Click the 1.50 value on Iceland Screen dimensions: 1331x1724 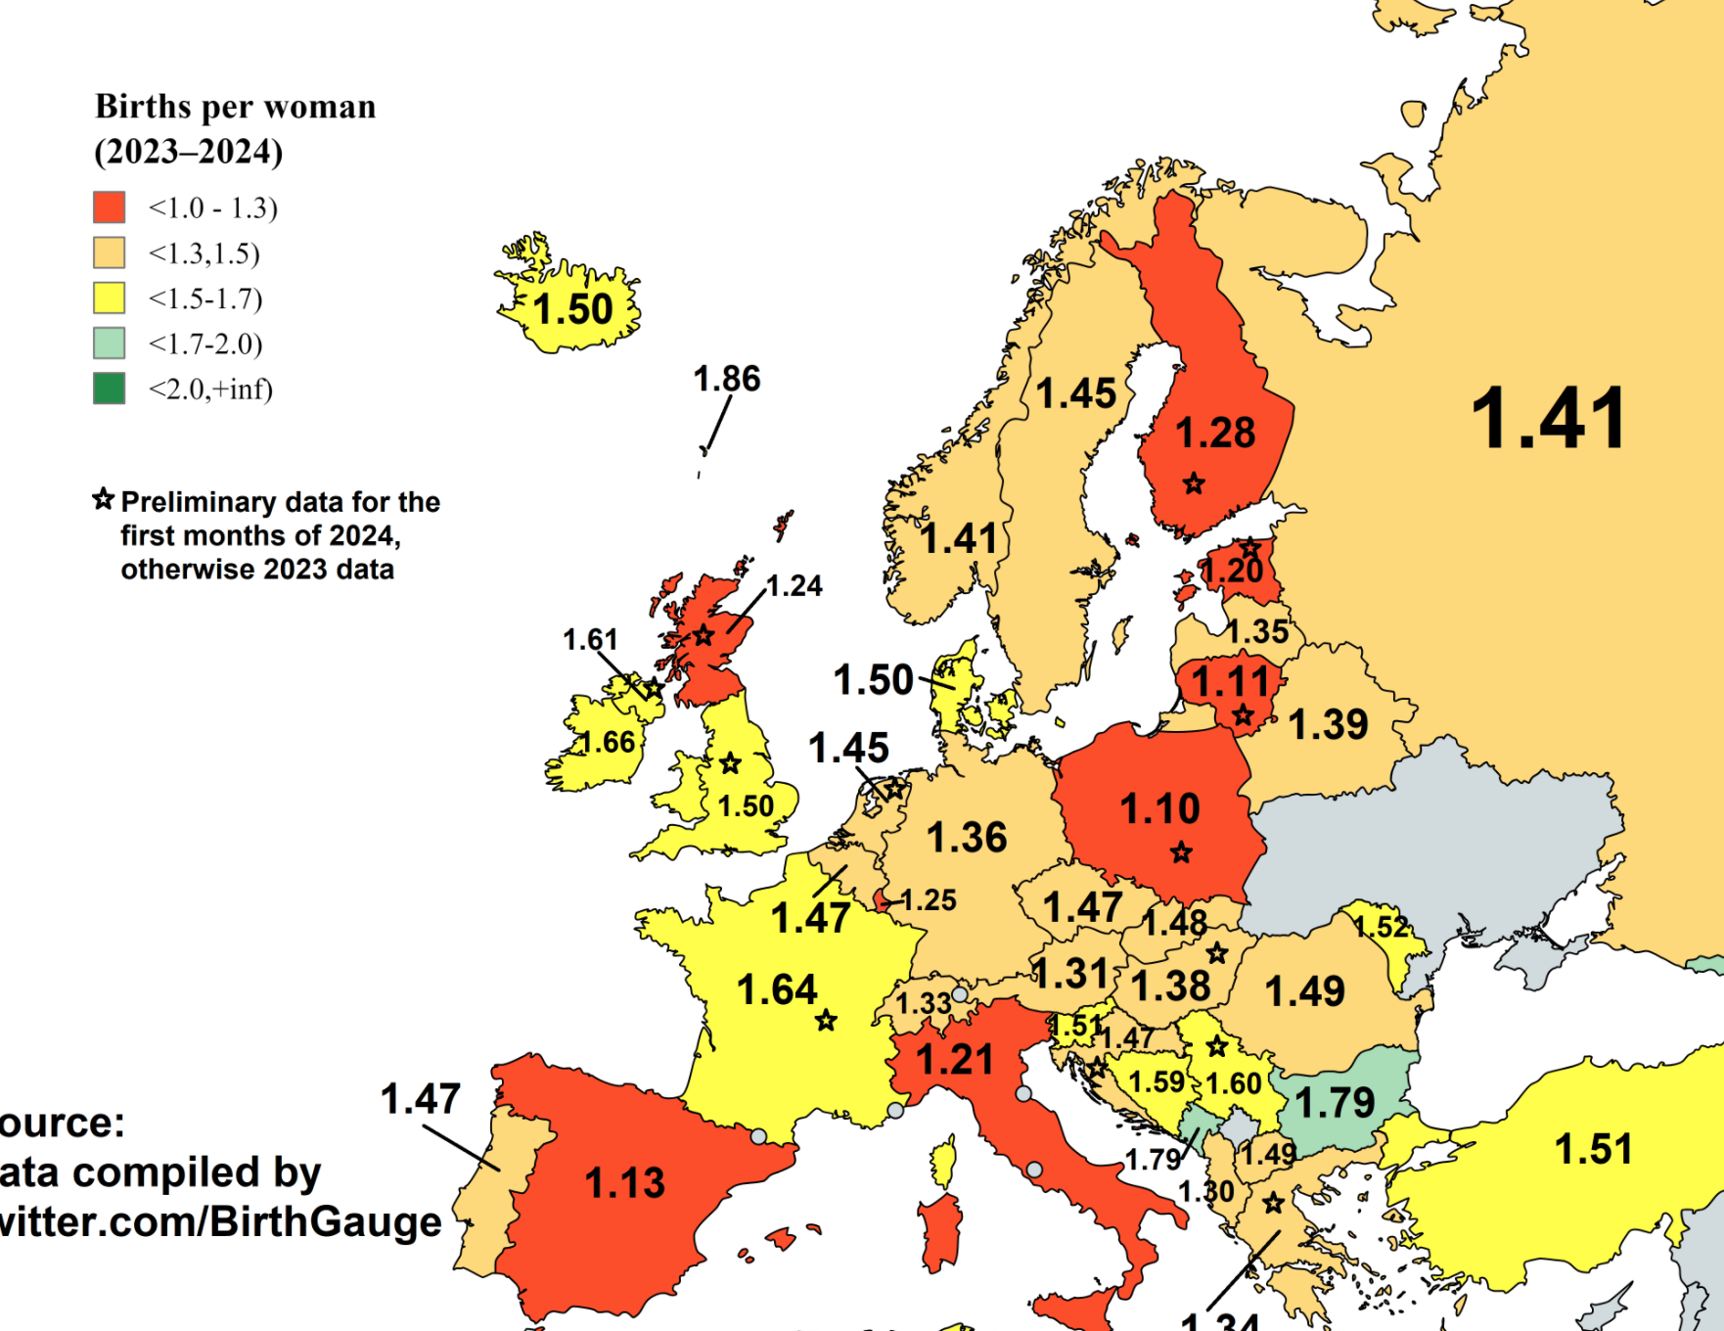pyautogui.click(x=572, y=310)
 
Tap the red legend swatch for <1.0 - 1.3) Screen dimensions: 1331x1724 pyautogui.click(x=110, y=207)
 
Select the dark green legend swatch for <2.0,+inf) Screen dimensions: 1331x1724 pyautogui.click(x=110, y=389)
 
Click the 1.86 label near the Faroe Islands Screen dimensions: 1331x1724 pyautogui.click(x=727, y=379)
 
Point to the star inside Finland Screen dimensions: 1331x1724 pyautogui.click(x=1194, y=483)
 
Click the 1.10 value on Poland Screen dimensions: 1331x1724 pyautogui.click(x=1159, y=809)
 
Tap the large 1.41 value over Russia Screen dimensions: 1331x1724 pyautogui.click(x=1549, y=419)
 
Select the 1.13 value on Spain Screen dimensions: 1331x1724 pyautogui.click(x=624, y=1183)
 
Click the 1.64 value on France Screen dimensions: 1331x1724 pyautogui.click(x=776, y=989)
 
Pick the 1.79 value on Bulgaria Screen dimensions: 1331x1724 pyautogui.click(x=1335, y=1104)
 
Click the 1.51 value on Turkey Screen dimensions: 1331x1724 pyautogui.click(x=1594, y=1149)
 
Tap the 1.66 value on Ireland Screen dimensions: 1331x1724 pyautogui.click(x=608, y=743)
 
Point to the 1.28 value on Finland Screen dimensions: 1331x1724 pyautogui.click(x=1214, y=433)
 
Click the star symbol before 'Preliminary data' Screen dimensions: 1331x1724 pyautogui.click(x=104, y=500)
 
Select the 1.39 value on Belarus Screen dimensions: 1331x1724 pyautogui.click(x=1328, y=725)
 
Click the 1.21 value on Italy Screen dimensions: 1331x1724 pyautogui.click(x=954, y=1060)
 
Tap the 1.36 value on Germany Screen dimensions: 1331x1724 pyautogui.click(x=967, y=838)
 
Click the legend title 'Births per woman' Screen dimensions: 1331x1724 pyautogui.click(x=235, y=107)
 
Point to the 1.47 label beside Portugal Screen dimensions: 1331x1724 pyautogui.click(x=421, y=1099)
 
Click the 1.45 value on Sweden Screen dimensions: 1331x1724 pyautogui.click(x=1075, y=393)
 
